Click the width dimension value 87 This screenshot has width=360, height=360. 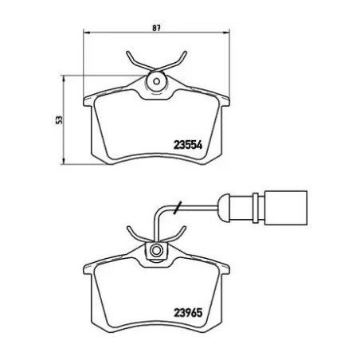pyautogui.click(x=157, y=28)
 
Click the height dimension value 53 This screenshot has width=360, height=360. pyautogui.click(x=59, y=119)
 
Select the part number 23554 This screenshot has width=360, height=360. pyautogui.click(x=188, y=145)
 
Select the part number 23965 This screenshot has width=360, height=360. pyautogui.click(x=188, y=312)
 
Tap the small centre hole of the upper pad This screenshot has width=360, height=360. pyautogui.click(x=157, y=82)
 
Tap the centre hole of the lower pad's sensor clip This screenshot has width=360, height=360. pyautogui.click(x=157, y=250)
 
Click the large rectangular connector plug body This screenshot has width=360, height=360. pyautogui.click(x=286, y=208)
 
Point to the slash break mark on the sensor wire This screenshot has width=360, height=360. pyautogui.click(x=178, y=207)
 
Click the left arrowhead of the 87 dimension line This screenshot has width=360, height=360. pyautogui.click(x=87, y=33)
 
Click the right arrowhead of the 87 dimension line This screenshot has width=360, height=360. pyautogui.click(x=226, y=33)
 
